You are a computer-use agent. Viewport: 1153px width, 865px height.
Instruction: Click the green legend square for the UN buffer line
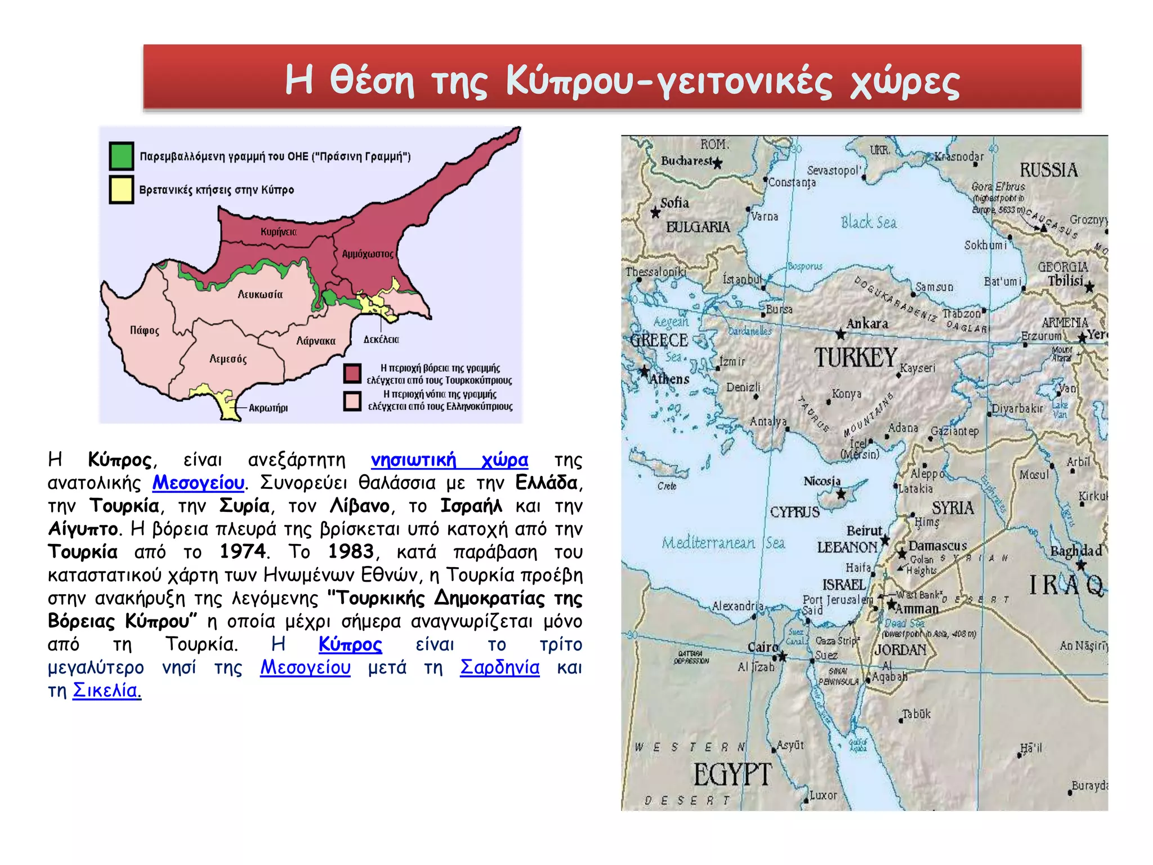(x=121, y=156)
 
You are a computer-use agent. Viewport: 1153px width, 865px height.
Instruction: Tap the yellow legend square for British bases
(x=121, y=189)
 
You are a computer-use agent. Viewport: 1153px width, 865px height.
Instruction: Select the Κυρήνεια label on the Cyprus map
(x=278, y=231)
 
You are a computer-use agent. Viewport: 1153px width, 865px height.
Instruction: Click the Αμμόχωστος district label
(x=368, y=254)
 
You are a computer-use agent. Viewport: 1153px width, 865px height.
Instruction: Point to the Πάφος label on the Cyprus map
(x=145, y=330)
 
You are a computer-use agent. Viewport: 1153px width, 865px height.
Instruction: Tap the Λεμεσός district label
(x=228, y=359)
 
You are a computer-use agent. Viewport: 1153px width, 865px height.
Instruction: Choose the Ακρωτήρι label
(x=268, y=408)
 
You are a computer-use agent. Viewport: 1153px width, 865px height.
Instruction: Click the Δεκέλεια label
(x=381, y=340)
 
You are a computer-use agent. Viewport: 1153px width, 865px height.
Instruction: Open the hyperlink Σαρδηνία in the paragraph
(x=499, y=667)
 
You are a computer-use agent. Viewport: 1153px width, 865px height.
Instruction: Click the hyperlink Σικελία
(x=105, y=690)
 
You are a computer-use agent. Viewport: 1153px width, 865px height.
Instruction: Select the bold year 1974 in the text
(x=243, y=551)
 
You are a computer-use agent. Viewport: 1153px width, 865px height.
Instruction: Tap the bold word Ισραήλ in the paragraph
(x=471, y=506)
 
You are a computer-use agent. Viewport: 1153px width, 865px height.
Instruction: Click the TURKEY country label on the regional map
(x=855, y=358)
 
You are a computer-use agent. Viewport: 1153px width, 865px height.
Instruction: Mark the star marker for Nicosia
(x=841, y=494)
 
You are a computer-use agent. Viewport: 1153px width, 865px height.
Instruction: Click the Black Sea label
(x=869, y=222)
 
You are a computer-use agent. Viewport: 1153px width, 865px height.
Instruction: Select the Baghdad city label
(x=1076, y=551)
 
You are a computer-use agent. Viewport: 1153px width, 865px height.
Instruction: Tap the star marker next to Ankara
(x=841, y=335)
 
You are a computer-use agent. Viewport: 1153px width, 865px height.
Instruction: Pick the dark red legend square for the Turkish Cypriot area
(x=352, y=373)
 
